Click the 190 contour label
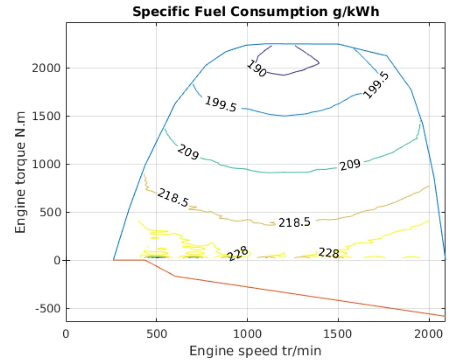point(257,69)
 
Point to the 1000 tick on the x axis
point(247,334)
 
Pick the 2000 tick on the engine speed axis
point(429,334)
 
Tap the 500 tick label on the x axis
point(156,334)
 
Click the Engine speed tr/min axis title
point(255,350)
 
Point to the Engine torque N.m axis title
point(21,172)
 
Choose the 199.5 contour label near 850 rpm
point(221,104)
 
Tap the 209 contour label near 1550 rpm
point(350,165)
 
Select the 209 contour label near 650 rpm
point(188,152)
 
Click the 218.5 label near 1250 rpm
point(294,223)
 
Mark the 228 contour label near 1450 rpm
point(329,253)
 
